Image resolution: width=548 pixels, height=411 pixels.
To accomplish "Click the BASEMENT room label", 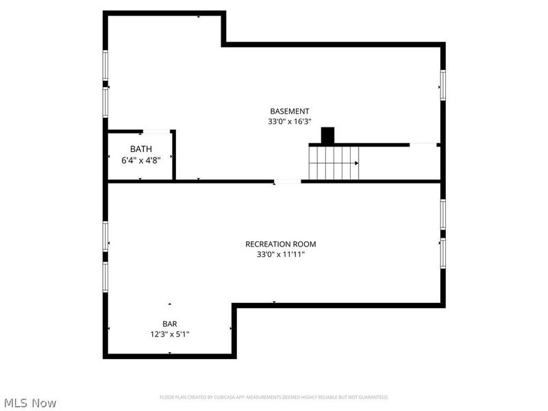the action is [289, 111].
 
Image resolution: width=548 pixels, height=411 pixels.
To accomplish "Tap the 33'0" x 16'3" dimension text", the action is [289, 121].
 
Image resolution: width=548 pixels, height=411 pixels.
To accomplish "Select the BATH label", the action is [141, 149].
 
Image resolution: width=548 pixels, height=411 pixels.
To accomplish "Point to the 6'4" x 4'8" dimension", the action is [141, 160].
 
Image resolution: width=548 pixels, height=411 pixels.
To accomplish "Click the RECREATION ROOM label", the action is [281, 244].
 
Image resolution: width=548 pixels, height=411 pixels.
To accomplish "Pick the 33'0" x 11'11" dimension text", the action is [281, 254].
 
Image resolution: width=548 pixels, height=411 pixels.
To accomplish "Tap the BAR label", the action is [169, 324].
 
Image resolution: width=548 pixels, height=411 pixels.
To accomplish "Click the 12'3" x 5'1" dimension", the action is [169, 334].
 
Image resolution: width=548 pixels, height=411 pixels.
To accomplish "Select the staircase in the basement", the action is [334, 163].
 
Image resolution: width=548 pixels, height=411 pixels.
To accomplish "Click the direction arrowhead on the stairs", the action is [356, 163].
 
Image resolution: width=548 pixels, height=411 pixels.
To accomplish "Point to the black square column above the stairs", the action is [327, 135].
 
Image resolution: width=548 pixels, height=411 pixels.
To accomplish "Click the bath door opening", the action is [156, 132].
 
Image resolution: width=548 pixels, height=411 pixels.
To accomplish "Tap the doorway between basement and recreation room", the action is [287, 182].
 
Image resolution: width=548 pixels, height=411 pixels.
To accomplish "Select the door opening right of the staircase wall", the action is [423, 145].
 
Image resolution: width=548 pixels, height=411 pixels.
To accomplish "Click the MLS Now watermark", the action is [31, 403].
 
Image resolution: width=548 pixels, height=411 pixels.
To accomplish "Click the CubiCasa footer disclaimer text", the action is [274, 397].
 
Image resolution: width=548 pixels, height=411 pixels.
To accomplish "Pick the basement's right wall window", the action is [443, 85].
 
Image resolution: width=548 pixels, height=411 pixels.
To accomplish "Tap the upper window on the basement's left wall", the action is [105, 65].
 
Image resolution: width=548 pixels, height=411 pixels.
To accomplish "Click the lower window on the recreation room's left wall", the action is [105, 277].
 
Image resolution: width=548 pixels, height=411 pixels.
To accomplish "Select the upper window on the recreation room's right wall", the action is [443, 214].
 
